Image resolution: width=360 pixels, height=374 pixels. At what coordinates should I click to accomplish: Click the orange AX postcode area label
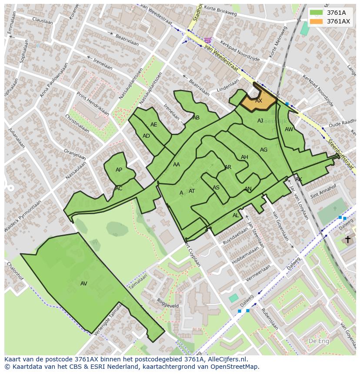coord(259,101)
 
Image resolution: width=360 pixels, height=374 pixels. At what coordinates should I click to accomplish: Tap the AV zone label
coord(84,284)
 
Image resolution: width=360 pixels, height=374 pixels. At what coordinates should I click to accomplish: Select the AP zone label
coord(119,170)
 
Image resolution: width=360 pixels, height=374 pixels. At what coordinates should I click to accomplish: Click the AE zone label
coord(154,125)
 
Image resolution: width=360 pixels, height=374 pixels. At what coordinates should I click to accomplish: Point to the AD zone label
coord(146,136)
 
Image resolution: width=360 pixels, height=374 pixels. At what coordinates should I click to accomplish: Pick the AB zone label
coord(196,118)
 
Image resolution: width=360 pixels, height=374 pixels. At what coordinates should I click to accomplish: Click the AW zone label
coord(289,129)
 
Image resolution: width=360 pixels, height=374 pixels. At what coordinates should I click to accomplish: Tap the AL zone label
coord(236,215)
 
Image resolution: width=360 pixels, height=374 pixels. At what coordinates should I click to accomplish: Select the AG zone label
coord(263,150)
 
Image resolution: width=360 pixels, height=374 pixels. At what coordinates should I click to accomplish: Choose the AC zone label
coord(119,189)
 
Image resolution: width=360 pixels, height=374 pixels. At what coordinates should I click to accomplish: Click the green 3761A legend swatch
coord(317,13)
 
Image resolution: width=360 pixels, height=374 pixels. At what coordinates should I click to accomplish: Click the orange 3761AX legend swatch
coord(317,21)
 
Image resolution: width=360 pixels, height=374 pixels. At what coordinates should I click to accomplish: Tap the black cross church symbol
coord(347,239)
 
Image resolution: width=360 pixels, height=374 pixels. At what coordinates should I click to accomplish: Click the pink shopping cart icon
coord(208,40)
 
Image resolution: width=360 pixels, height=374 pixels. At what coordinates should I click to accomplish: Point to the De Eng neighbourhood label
coord(318,341)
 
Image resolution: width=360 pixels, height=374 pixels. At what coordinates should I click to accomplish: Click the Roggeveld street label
coord(168,303)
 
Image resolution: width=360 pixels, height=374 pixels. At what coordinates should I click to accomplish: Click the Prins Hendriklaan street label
coord(93,103)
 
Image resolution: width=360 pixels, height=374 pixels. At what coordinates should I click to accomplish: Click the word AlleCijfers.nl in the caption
coord(226,359)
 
